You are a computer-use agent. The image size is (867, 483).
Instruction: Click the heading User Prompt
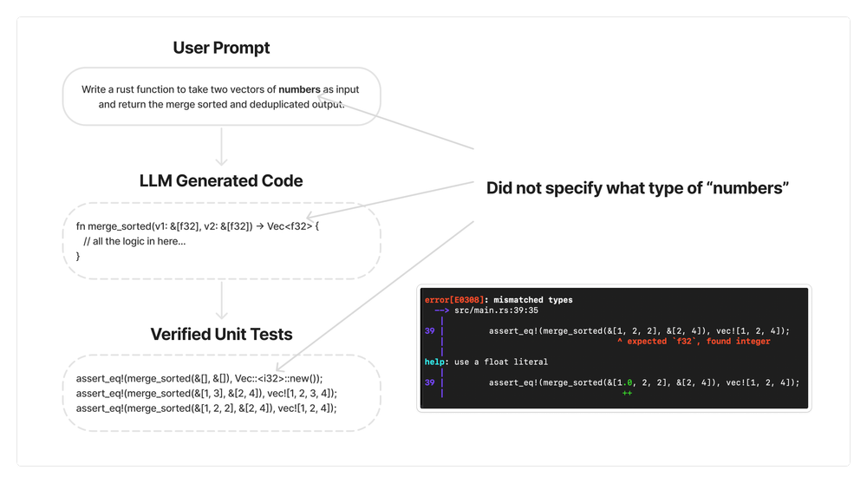(x=221, y=47)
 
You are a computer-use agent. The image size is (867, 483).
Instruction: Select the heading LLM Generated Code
(x=221, y=180)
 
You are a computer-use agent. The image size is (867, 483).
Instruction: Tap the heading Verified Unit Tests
(x=221, y=334)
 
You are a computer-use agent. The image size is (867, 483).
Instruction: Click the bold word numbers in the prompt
(x=299, y=89)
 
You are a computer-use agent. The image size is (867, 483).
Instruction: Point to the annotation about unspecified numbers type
(x=637, y=188)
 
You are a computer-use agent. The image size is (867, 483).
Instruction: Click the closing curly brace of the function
(x=79, y=256)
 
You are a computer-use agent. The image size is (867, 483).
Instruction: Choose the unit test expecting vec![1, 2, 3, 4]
(x=206, y=393)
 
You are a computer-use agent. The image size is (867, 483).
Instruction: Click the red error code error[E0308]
(x=453, y=300)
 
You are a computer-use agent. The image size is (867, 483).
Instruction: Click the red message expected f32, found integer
(x=694, y=341)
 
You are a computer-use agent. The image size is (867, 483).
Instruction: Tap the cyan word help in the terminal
(x=434, y=362)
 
